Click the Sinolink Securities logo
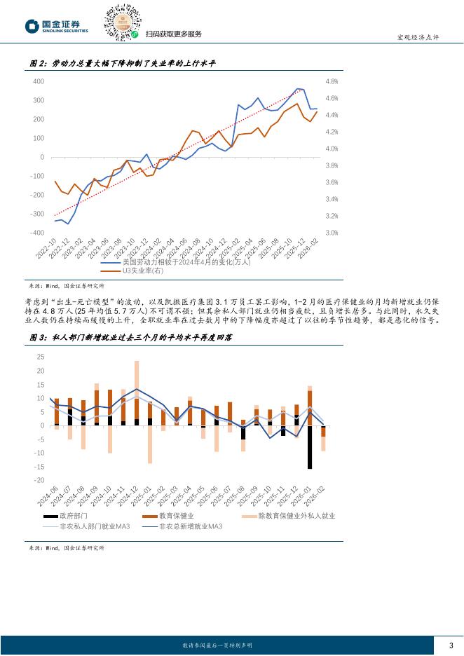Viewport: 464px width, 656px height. click(57, 26)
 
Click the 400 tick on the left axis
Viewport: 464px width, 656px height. click(39, 81)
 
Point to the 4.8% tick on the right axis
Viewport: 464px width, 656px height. click(332, 81)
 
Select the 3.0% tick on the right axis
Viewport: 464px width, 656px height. click(332, 233)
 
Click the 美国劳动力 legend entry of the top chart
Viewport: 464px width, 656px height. click(179, 262)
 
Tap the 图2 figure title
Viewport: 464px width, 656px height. click(123, 64)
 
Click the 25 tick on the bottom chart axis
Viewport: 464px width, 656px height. click(40, 357)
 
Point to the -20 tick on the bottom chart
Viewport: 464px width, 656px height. click(39, 480)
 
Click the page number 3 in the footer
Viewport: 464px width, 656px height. click(450, 645)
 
